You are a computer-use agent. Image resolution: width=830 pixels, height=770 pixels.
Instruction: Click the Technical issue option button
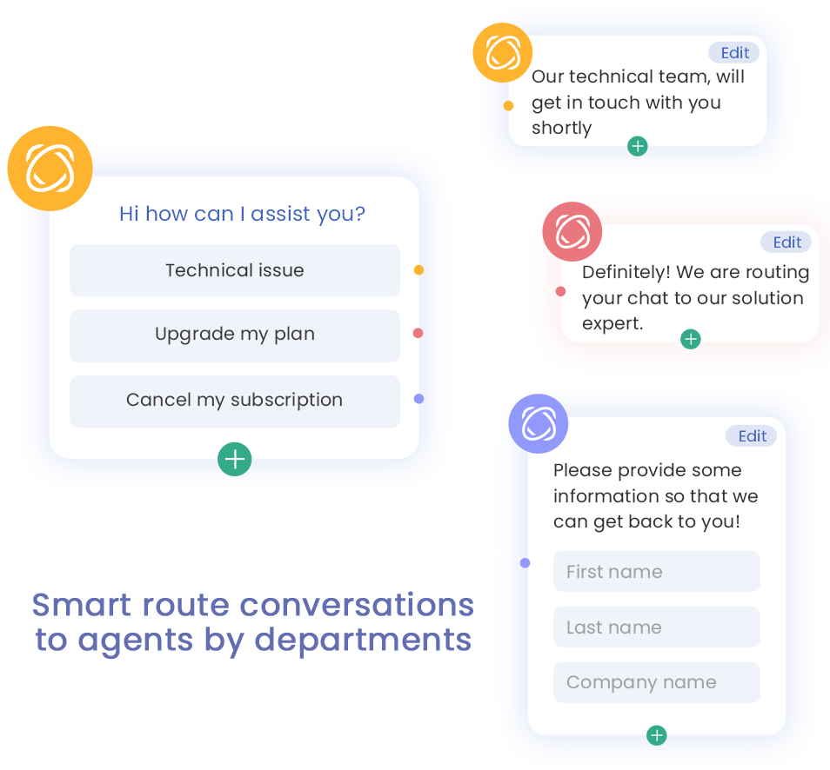click(x=235, y=270)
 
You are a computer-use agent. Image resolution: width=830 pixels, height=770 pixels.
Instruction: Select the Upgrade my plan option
click(x=235, y=335)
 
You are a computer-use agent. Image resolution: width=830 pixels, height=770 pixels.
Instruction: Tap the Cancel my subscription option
click(x=235, y=401)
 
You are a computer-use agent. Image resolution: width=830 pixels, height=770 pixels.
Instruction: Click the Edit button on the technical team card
click(x=734, y=53)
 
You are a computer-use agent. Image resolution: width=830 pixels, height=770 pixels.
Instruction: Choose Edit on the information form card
click(x=753, y=436)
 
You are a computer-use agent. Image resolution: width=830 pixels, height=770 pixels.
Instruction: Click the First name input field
click(x=656, y=572)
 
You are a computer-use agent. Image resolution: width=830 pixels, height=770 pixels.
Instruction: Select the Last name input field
click(x=656, y=627)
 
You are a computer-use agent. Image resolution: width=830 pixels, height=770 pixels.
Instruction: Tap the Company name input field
click(x=656, y=683)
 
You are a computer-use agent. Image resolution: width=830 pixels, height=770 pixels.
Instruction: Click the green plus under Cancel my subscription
click(x=235, y=459)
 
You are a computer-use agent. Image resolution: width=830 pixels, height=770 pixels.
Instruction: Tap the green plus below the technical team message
click(x=638, y=146)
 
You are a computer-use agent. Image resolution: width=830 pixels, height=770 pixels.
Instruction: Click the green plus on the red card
click(x=690, y=339)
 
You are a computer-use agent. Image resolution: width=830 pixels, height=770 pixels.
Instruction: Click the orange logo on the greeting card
click(x=50, y=169)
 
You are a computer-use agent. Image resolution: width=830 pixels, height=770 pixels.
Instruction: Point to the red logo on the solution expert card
click(x=572, y=232)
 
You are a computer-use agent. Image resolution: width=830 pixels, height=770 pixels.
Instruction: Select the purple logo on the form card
click(x=538, y=424)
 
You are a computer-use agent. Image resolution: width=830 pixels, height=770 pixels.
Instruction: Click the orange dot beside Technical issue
click(x=419, y=270)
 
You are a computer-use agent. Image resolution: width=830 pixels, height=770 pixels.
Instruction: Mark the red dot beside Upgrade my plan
click(x=418, y=333)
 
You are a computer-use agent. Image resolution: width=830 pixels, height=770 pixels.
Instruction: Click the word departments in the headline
click(x=363, y=641)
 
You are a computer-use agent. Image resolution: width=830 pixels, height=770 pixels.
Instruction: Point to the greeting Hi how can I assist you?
click(x=242, y=214)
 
